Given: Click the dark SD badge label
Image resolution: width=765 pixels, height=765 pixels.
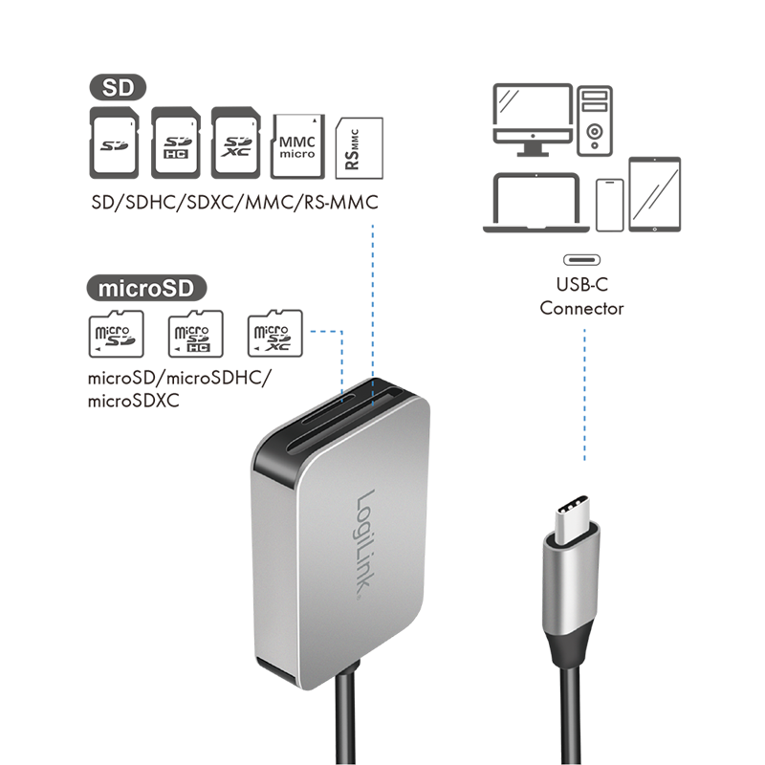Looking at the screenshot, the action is [x=118, y=87].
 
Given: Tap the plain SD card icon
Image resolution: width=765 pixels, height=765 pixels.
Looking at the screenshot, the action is [x=114, y=142].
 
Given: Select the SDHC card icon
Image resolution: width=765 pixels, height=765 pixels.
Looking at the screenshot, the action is [x=176, y=142].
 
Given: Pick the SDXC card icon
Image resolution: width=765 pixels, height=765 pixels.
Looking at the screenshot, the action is [x=235, y=142].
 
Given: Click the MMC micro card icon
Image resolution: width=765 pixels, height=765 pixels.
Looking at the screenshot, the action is [x=297, y=146].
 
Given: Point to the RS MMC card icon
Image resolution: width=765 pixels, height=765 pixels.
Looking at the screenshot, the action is [x=360, y=148].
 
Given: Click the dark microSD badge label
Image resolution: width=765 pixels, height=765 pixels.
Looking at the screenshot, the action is [x=146, y=288].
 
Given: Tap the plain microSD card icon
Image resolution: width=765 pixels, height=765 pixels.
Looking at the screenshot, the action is [x=116, y=334].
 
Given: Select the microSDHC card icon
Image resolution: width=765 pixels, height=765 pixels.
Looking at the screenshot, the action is [x=196, y=334].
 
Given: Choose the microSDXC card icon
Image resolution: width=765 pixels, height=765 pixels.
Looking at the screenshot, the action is [x=275, y=333].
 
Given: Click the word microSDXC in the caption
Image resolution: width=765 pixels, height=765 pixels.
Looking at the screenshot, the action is [x=133, y=401].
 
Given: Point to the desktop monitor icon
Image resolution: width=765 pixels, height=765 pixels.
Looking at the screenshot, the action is [x=533, y=120].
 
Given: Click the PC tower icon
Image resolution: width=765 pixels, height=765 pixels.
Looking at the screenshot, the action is [x=594, y=121].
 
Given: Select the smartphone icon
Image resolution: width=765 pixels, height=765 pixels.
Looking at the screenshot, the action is [x=610, y=205].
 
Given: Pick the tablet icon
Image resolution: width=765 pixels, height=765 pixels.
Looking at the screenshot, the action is [x=654, y=194].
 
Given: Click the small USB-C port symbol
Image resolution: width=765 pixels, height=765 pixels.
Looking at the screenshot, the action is [x=581, y=260].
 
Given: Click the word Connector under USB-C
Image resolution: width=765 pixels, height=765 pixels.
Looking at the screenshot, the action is [x=581, y=308].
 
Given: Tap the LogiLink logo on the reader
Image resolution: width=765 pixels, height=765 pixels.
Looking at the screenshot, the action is [x=367, y=543].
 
